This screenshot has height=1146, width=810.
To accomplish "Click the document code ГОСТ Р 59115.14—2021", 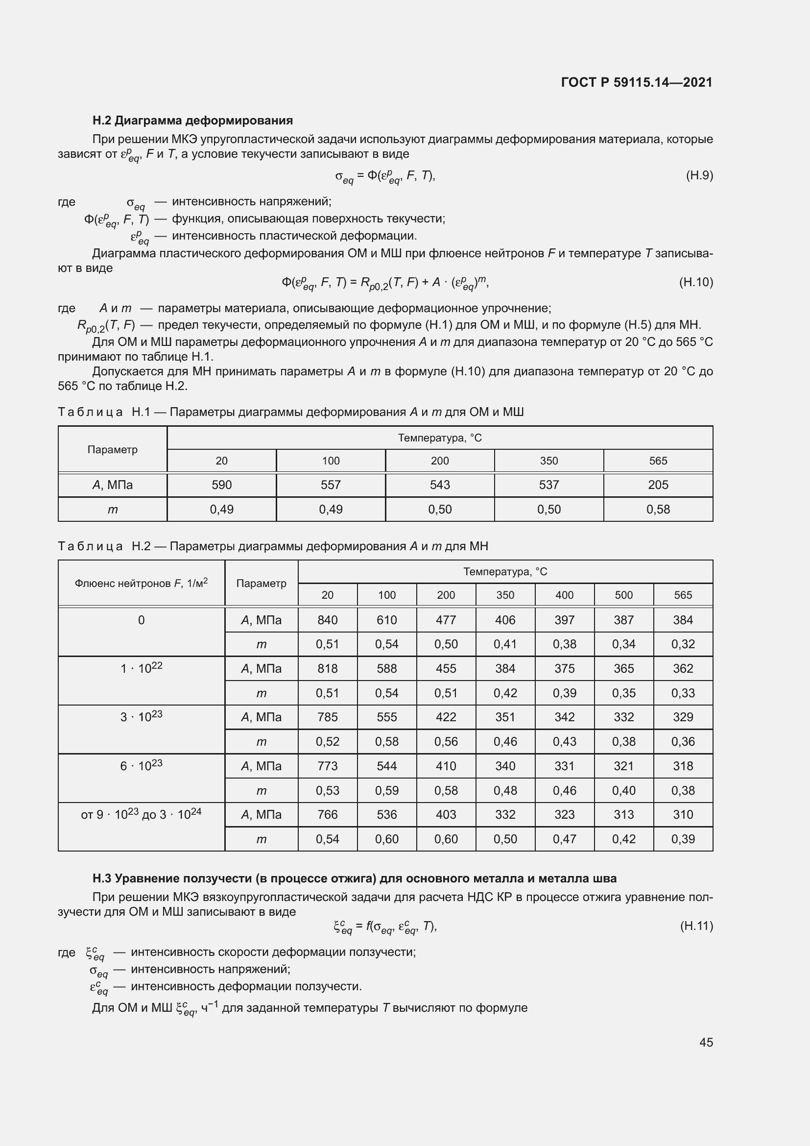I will tap(637, 82).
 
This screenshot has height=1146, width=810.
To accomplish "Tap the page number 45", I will tap(706, 1042).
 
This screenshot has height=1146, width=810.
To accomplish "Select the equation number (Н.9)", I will tap(699, 175).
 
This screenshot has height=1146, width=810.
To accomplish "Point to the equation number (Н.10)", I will tap(696, 282).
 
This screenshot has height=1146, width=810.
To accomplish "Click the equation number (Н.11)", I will tap(696, 926).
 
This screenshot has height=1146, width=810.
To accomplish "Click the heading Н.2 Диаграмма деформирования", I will tap(192, 121).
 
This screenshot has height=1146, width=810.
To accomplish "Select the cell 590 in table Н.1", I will tap(221, 485).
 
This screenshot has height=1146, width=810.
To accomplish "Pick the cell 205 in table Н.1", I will tap(658, 485).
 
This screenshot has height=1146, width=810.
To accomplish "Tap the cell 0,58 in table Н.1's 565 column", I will tap(658, 509).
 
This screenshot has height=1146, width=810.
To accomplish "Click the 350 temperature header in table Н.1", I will tap(548, 461).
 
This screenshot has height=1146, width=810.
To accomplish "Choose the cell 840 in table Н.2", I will tap(327, 620).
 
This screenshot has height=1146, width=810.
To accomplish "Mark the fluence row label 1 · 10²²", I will tap(141, 668).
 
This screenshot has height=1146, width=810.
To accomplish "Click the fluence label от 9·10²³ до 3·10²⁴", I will tap(141, 815).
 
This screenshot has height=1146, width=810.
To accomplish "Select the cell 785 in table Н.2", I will tap(327, 717).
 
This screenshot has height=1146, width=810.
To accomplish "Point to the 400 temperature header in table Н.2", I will tap(564, 595).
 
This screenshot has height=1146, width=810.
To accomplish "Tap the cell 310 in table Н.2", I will tap(682, 815).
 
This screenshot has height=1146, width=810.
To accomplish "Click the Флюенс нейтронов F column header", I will tap(141, 583).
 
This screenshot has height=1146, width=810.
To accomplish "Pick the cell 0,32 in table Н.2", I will tap(682, 644).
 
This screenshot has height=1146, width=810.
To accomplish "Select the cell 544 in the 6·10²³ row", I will tap(386, 766).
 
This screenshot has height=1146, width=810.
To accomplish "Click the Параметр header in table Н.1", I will tap(112, 449).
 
